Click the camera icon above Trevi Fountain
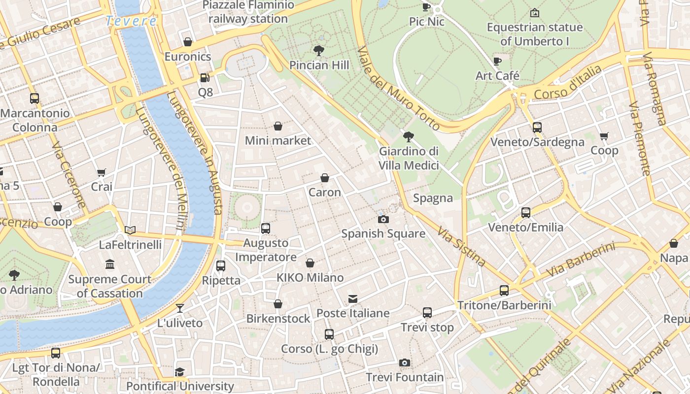(x=404, y=363)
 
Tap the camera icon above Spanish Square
(x=383, y=219)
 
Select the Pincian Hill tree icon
(x=319, y=50)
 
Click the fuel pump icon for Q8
(x=205, y=77)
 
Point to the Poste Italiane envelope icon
(x=353, y=298)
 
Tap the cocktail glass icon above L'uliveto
(x=180, y=308)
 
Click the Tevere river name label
(x=131, y=21)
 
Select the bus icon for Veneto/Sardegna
(x=537, y=128)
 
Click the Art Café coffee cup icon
(x=497, y=61)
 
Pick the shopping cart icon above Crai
(x=102, y=172)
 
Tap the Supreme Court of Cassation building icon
(x=110, y=264)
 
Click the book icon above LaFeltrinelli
(x=130, y=230)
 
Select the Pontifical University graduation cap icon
(x=180, y=371)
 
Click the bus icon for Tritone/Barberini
(x=504, y=291)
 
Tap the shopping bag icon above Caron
(x=325, y=178)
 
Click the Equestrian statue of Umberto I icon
(x=534, y=13)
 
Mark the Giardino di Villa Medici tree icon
(x=408, y=136)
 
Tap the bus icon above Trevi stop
(x=427, y=313)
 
